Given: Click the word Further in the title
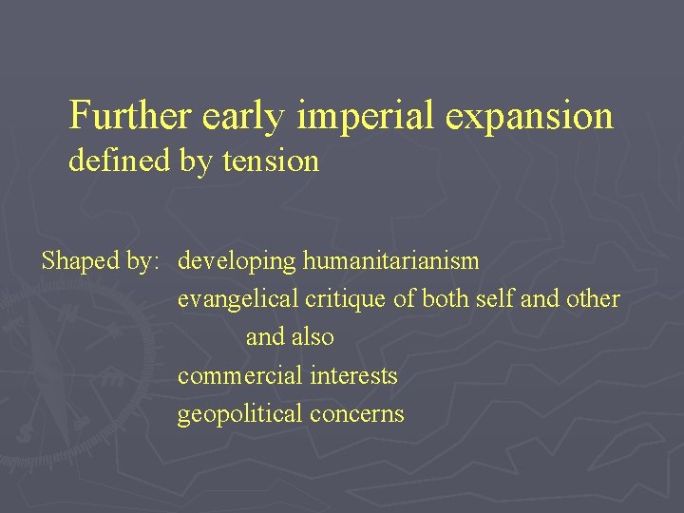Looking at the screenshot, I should (131, 116).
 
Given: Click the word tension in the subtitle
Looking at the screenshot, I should (271, 161).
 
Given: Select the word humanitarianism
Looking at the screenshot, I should (390, 260).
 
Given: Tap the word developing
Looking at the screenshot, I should (237, 261).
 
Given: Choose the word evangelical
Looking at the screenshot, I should (237, 299).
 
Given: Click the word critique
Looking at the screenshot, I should (346, 299).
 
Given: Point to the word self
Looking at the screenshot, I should (496, 299).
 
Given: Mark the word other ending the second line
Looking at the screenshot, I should (593, 299).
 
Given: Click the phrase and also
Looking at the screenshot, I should (290, 337).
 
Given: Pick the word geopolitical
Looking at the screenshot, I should (239, 415).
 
